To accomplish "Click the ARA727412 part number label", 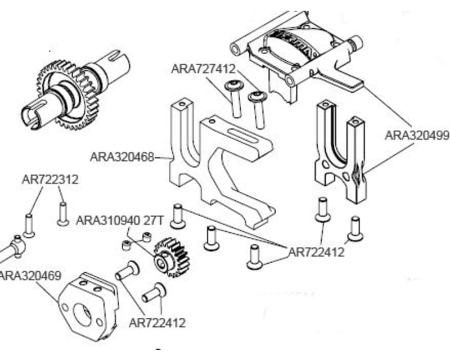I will coord(204,69).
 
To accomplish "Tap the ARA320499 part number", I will coord(416,135).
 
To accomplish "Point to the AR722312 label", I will coord(50,180).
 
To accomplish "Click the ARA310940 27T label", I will coord(119,220).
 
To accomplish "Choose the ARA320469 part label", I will coord(22,276).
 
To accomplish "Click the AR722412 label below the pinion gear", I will coord(157,323).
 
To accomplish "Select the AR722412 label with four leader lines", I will coord(316,253).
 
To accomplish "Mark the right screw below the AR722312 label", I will coord(63,214).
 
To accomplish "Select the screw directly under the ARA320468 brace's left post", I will coord(178,217).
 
